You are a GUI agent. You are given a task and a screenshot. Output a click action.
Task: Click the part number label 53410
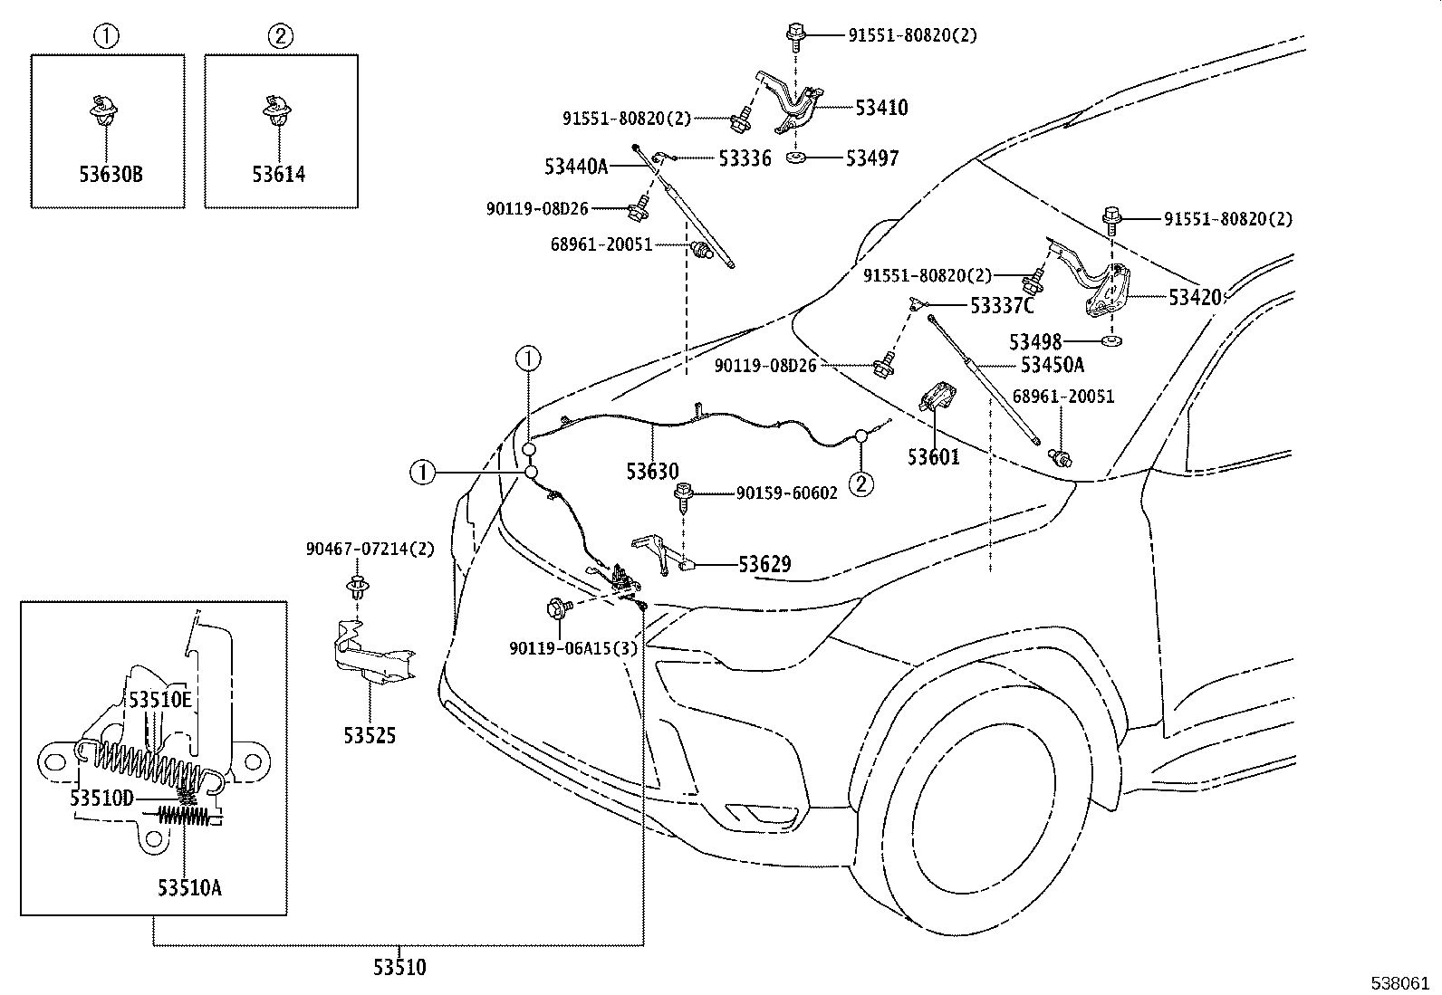(x=881, y=108)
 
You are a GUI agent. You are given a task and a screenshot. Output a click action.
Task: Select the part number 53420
(x=1194, y=297)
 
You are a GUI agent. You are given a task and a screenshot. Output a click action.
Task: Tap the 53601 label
(x=933, y=457)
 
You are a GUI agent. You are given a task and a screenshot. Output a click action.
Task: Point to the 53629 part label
(x=764, y=565)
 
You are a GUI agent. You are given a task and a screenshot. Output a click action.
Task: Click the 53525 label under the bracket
(x=370, y=736)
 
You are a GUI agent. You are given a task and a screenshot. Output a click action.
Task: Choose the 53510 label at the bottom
(x=399, y=968)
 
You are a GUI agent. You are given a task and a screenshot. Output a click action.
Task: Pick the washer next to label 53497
(x=797, y=158)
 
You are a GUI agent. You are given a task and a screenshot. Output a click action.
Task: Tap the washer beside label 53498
(x=1110, y=341)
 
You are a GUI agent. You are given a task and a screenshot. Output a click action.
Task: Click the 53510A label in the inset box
(x=189, y=887)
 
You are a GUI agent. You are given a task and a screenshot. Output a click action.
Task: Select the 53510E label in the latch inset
(x=159, y=700)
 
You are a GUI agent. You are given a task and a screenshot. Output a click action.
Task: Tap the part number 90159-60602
(x=786, y=493)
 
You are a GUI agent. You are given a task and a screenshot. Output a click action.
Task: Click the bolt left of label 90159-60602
(x=686, y=495)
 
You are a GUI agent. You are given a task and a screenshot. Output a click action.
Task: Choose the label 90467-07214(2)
(x=370, y=550)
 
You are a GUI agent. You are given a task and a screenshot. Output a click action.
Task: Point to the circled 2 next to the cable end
(x=860, y=483)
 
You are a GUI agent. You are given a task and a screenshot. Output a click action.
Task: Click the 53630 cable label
(x=651, y=472)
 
